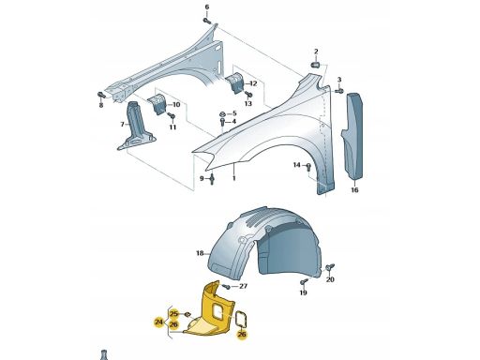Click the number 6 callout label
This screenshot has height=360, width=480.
coord(207,7)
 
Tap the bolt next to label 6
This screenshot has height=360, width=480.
coord(207,21)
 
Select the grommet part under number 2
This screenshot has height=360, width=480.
coord(315,65)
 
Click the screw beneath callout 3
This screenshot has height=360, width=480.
coord(339,91)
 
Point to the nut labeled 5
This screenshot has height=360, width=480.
coord(222,113)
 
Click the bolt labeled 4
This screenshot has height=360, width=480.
coord(222,122)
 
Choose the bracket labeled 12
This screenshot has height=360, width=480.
coord(234,82)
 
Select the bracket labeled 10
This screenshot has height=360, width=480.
coord(157,104)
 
